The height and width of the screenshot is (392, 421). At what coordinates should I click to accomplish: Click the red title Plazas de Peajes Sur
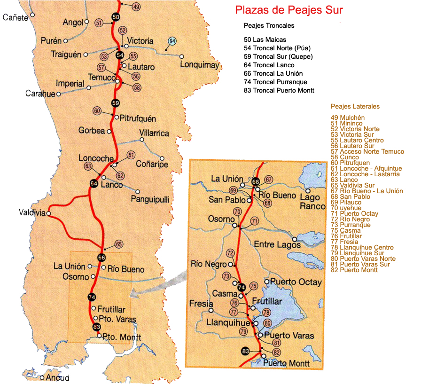[288, 10]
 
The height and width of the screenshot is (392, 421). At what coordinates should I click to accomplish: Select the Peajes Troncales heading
[269, 25]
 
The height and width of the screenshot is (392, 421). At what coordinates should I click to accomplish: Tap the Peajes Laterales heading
[355, 107]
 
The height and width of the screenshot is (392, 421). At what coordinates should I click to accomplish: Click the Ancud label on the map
[58, 378]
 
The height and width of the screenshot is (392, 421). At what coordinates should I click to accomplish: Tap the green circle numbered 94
[172, 41]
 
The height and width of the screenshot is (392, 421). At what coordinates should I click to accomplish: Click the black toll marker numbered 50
[116, 17]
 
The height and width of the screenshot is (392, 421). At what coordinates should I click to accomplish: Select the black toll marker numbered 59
[116, 103]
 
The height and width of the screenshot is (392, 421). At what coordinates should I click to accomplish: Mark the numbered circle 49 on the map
[136, 7]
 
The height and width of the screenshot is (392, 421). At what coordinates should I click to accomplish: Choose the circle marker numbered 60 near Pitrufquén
[97, 111]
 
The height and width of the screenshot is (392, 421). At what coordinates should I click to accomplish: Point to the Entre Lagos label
[277, 245]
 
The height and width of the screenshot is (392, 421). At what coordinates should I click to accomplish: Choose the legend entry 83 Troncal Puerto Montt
[279, 90]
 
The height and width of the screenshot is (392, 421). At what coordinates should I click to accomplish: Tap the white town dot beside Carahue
[59, 94]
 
